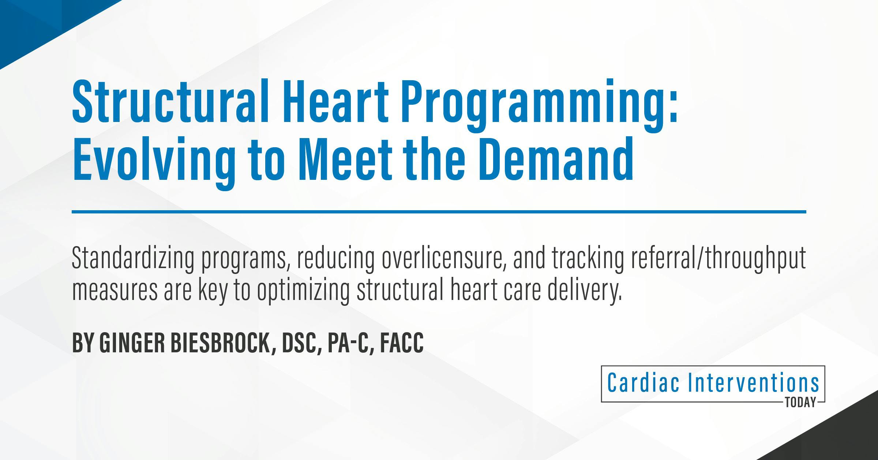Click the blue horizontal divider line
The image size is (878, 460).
(x=439, y=212)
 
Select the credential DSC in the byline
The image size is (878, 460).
(x=300, y=343)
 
